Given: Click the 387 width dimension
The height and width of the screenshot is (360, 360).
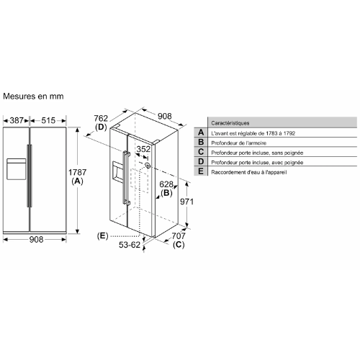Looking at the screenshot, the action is [17, 120].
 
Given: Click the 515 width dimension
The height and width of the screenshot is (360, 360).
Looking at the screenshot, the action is [48, 120].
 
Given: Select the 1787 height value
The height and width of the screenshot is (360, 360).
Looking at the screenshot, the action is [77, 172].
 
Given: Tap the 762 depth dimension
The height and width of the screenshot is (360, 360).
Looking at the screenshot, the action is [101, 118].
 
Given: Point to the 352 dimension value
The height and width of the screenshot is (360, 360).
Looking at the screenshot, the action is [143, 149].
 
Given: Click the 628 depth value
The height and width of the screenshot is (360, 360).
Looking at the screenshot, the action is [166, 184].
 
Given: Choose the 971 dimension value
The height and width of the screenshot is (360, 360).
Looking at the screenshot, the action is [186, 202].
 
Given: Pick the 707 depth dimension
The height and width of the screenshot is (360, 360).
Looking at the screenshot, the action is [179, 236].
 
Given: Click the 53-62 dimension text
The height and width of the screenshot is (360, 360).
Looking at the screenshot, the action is [130, 245].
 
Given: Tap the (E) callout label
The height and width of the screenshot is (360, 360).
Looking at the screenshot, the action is [102, 236].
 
